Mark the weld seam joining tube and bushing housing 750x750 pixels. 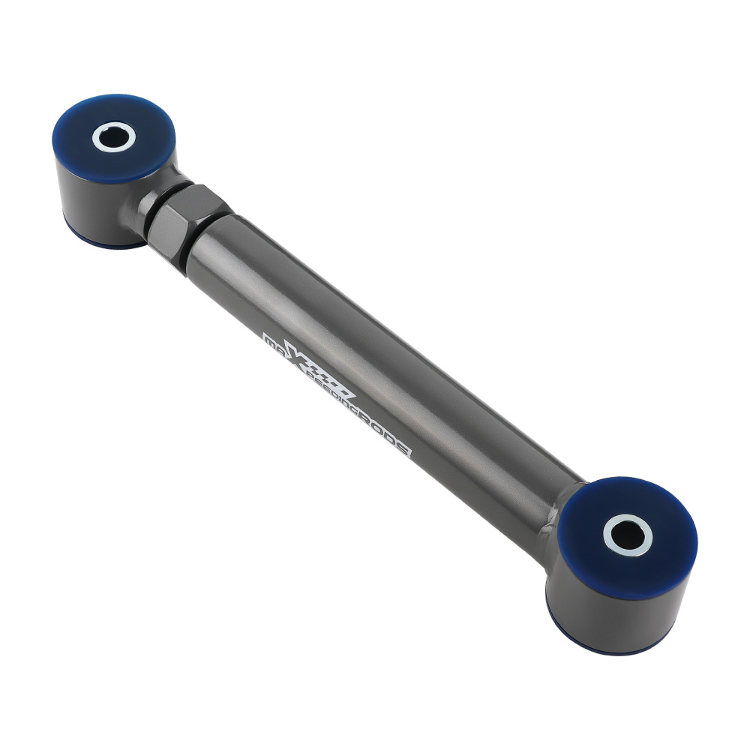tap(559, 510)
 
